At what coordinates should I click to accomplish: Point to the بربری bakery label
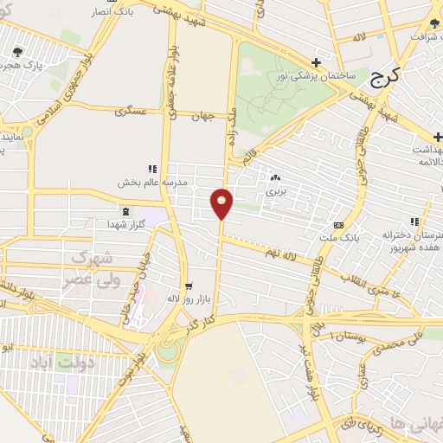coord(275,192)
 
